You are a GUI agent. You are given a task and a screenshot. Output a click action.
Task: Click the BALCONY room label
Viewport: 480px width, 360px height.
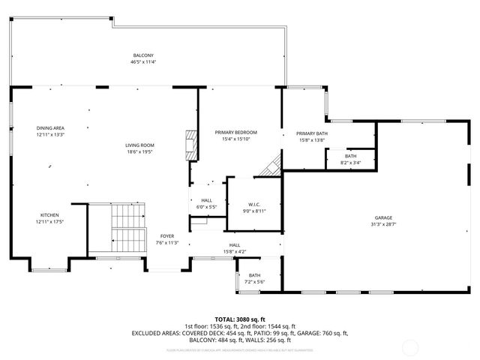tap(143, 55)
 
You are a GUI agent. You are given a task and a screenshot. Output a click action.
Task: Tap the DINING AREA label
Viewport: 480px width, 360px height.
tap(50, 127)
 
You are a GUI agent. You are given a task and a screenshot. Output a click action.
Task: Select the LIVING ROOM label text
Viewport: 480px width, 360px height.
tap(139, 145)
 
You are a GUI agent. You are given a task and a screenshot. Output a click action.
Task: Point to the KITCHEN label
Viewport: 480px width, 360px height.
tap(49, 214)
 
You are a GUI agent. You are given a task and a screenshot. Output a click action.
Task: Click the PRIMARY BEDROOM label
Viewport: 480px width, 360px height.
tap(235, 132)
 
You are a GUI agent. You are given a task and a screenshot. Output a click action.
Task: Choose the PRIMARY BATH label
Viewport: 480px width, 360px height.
tap(311, 133)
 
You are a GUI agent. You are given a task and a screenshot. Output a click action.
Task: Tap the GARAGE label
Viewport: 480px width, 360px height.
tap(382, 217)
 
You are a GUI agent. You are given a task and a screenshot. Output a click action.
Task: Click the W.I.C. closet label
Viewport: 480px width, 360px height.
tap(254, 205)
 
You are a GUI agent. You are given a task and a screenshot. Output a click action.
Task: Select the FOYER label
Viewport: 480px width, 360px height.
tap(166, 236)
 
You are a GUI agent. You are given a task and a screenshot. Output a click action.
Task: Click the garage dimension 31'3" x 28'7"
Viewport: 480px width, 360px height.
tap(382, 224)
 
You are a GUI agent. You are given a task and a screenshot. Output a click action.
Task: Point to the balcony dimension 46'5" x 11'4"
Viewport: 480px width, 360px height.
tap(143, 62)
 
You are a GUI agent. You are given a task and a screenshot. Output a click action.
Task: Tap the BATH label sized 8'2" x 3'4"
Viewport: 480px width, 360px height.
tap(350, 156)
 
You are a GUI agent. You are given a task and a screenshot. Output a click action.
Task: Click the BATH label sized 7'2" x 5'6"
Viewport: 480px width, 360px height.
tap(255, 275)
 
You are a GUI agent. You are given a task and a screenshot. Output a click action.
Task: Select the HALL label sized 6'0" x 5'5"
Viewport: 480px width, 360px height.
tap(206, 200)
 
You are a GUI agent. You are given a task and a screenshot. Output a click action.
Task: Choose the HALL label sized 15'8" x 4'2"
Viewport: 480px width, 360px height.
tap(235, 245)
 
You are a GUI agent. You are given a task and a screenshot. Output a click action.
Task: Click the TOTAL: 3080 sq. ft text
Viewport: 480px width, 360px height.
tap(239, 319)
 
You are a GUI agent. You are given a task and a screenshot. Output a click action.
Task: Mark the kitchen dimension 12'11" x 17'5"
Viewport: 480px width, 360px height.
tap(49, 221)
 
